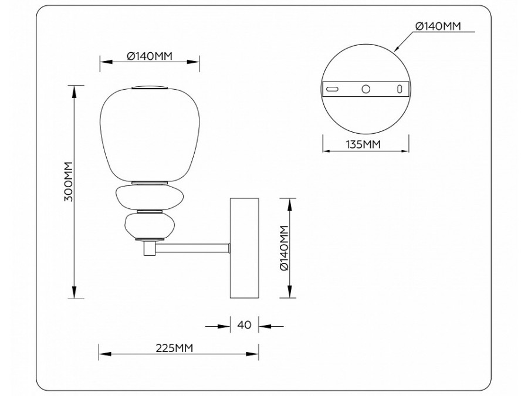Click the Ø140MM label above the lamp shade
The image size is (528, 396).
click(150, 56)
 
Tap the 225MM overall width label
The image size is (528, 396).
click(174, 348)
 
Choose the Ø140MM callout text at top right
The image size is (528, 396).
click(438, 26)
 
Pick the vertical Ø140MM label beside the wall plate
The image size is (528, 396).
click(285, 248)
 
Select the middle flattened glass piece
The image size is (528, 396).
click(150, 197)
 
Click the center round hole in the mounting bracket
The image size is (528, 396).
click(365, 89)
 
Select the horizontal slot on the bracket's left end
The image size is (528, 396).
click(332, 89)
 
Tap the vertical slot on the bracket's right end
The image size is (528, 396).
click(400, 89)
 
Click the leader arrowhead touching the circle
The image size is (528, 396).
click(398, 49)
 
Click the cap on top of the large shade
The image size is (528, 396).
click(150, 88)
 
